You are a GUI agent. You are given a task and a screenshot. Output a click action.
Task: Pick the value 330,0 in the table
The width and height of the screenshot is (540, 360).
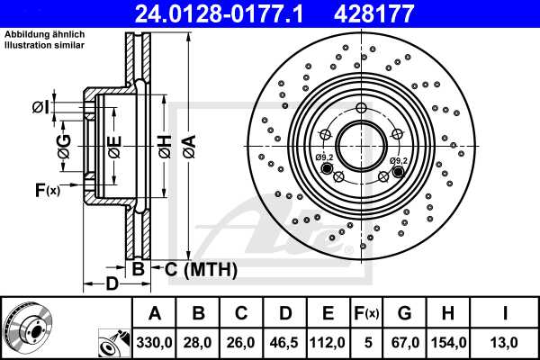pyautogui.click(x=154, y=342)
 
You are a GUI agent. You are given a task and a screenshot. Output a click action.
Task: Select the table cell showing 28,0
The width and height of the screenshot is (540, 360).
pyautogui.click(x=196, y=342)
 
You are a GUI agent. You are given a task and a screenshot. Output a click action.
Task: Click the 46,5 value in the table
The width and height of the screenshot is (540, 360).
pyautogui.click(x=284, y=342)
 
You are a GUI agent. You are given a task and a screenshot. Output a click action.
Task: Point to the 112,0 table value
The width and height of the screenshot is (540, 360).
pyautogui.click(x=328, y=342)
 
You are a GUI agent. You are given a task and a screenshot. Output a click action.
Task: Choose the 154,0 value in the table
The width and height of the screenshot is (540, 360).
pyautogui.click(x=450, y=342)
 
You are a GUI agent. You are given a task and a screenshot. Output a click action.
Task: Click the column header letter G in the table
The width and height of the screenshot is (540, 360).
pyautogui.click(x=406, y=313)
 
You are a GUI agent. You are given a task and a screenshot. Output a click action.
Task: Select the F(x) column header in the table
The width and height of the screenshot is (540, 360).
pyautogui.click(x=367, y=313)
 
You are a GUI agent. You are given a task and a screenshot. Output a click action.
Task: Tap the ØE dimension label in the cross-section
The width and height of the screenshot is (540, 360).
pyautogui.click(x=114, y=147)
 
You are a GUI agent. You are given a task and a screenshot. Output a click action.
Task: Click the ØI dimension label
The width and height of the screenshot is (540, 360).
pyautogui.click(x=40, y=108)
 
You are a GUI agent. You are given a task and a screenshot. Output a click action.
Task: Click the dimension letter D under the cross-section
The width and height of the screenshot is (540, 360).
pyautogui.click(x=111, y=285)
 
